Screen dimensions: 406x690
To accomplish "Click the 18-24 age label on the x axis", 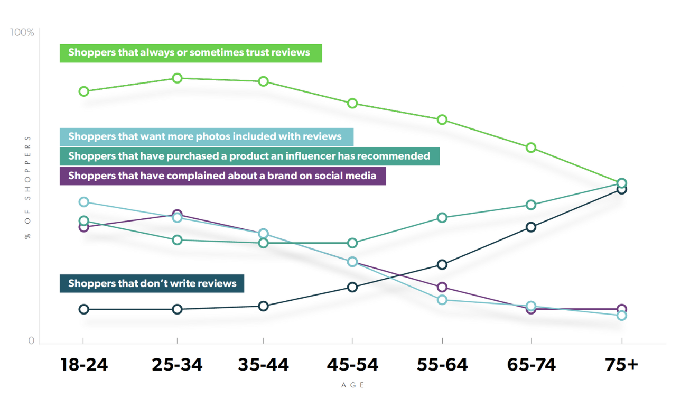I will [84, 365].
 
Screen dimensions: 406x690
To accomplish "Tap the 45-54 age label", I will [352, 365].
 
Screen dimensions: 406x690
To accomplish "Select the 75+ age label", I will [622, 365].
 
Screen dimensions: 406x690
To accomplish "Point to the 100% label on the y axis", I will [22, 33].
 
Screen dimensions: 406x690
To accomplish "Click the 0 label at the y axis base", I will [31, 341].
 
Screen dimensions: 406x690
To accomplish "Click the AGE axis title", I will [353, 385].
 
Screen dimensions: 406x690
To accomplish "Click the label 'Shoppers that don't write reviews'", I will [152, 283].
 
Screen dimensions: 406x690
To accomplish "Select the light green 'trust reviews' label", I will [190, 53].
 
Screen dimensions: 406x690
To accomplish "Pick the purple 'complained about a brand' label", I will [222, 176].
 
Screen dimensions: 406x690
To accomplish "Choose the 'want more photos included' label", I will [206, 136].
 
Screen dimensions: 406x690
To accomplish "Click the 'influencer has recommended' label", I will [249, 156].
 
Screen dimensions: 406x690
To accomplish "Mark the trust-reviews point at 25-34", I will [178, 78].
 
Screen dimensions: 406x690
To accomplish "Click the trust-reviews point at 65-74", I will [531, 147].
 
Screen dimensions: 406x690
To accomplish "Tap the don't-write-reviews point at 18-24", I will [84, 309].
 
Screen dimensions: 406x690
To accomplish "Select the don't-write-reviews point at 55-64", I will [443, 264].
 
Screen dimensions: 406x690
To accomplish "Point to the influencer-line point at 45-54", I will [352, 243].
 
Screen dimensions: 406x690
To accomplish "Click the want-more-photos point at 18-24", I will [84, 202].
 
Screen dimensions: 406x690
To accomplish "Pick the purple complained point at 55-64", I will [443, 287].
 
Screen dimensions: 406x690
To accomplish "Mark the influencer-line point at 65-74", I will [531, 205].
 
